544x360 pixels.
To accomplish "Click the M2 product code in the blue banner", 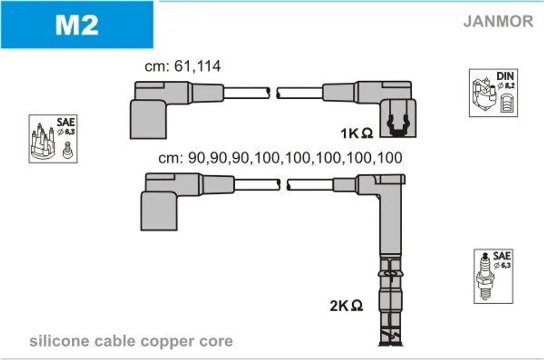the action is (x=76, y=25).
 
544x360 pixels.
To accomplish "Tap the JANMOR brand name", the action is (x=498, y=21).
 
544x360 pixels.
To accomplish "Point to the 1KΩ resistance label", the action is (x=356, y=133).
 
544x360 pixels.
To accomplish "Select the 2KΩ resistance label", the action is (x=346, y=305).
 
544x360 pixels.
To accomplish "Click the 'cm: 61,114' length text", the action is (x=183, y=66).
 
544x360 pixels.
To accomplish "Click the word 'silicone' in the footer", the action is (x=59, y=341).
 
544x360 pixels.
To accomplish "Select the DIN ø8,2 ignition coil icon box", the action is (x=494, y=92).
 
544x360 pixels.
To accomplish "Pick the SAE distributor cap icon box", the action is (x=53, y=139).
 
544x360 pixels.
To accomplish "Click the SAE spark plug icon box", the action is (x=494, y=276).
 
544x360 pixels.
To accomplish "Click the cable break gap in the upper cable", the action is (x=274, y=93).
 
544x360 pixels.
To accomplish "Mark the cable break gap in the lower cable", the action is (x=284, y=184).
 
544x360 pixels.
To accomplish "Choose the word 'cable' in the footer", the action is (x=115, y=341).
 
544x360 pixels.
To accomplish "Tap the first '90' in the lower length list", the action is (x=196, y=158).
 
